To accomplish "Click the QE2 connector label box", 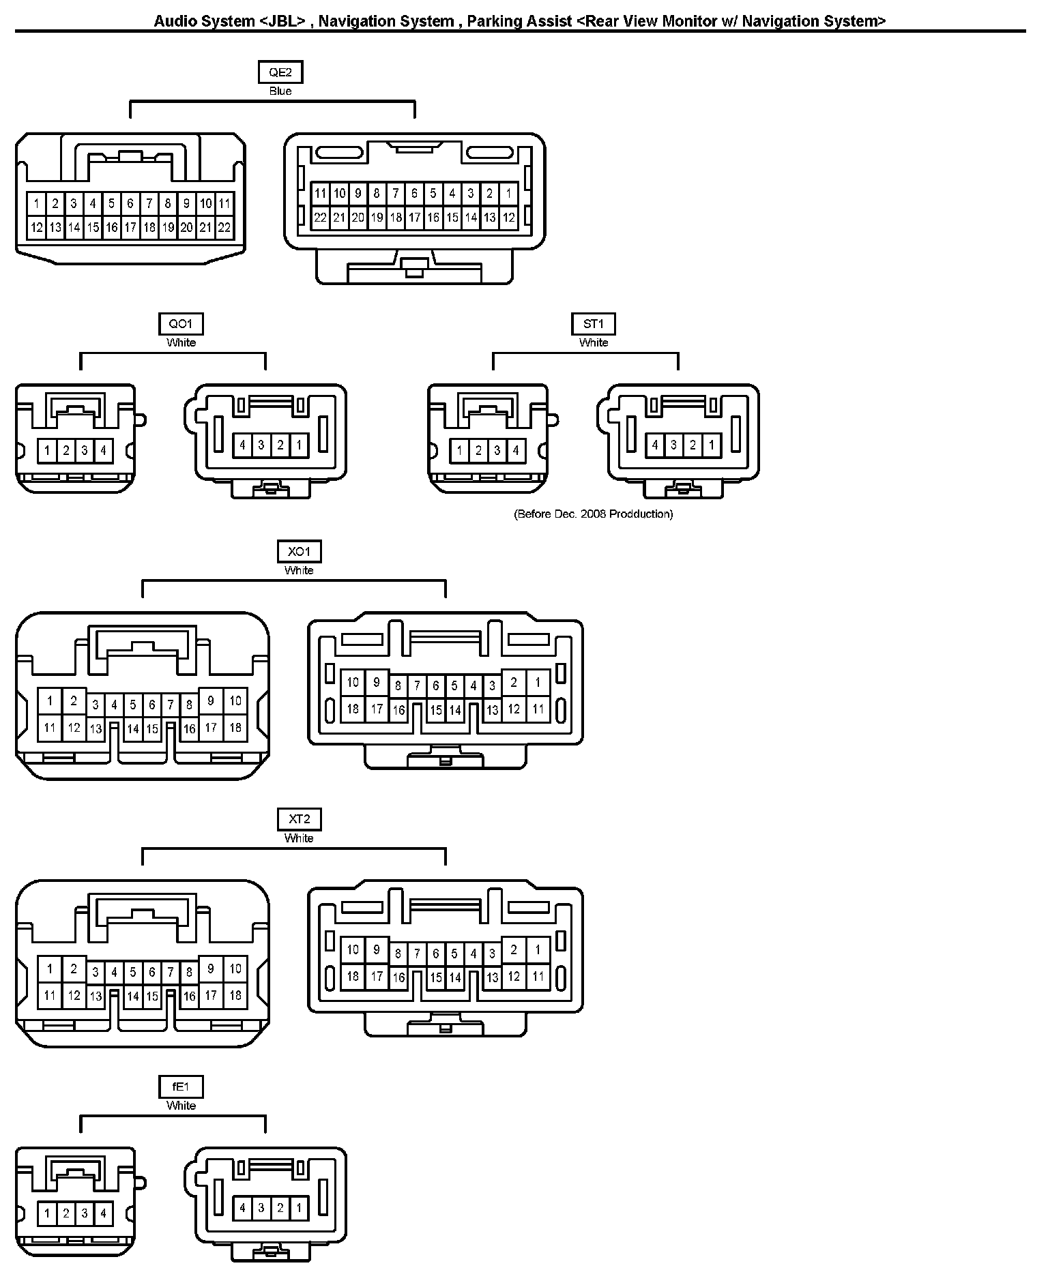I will [280, 72].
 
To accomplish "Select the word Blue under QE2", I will [280, 91].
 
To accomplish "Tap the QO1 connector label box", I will [181, 324].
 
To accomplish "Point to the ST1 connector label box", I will [594, 324].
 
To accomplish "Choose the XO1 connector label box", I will [299, 551].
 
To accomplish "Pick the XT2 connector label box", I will [299, 819].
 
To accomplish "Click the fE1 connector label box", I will [181, 1087].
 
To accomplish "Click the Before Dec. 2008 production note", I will [593, 514].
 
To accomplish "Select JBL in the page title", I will [282, 21].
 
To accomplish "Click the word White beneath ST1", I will [594, 343].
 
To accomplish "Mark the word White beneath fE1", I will [181, 1106].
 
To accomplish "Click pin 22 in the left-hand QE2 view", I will [224, 228].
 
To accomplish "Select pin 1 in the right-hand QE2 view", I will [508, 194].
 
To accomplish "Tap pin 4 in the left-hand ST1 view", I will [516, 450].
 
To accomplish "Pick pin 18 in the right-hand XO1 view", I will [353, 709].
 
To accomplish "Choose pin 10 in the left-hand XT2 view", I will [235, 969].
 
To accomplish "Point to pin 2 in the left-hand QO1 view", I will [66, 450].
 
